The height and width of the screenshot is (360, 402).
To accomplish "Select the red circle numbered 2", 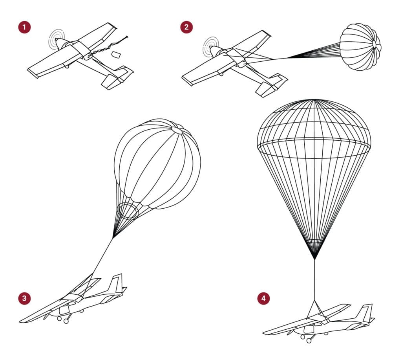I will coord(186,27).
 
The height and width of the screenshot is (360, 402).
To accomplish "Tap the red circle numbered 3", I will coord(24,298).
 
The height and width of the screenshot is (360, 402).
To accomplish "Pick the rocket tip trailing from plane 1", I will coord(126,37).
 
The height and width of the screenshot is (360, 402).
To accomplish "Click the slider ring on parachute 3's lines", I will coord(128,211).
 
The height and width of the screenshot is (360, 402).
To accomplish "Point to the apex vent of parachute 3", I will coord(177,130).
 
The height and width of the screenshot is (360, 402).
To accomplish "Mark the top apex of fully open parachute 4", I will coord(314,100).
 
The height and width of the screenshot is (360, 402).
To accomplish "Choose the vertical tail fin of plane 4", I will coord(367,312).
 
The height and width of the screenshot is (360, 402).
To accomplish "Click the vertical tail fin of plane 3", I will coord(117,283).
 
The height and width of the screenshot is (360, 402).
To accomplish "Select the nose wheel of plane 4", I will coord(303,337).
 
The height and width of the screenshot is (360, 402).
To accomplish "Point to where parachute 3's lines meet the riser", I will coord(113,237).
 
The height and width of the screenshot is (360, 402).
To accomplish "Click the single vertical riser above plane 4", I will coord(314,279).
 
